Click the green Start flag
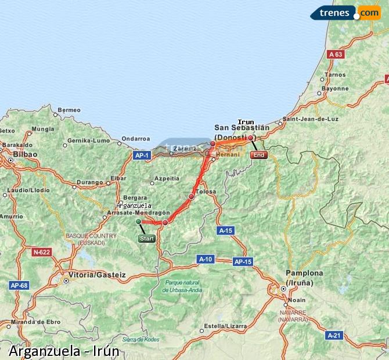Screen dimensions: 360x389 click(x=147, y=239)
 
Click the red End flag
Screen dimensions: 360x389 click(x=258, y=155)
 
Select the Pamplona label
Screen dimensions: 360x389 click(x=304, y=273)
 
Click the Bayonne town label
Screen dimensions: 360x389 click(x=335, y=89)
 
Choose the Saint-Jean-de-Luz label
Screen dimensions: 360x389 click(x=311, y=119)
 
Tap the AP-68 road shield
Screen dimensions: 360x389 click(x=19, y=285)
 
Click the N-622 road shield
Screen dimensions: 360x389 click(x=42, y=252)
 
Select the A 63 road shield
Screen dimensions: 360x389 click(x=336, y=54)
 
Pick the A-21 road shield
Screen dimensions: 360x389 click(x=334, y=335)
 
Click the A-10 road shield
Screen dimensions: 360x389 click(x=206, y=259)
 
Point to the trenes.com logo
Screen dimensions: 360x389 click(x=345, y=13)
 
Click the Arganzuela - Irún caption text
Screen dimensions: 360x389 click(x=64, y=351)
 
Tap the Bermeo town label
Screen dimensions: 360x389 click(x=69, y=110)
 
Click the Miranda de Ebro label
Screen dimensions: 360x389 click(x=35, y=322)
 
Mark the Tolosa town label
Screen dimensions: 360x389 click(x=206, y=191)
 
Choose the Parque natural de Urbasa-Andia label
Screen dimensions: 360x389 click(x=183, y=286)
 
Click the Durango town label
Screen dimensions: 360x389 click(x=89, y=182)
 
